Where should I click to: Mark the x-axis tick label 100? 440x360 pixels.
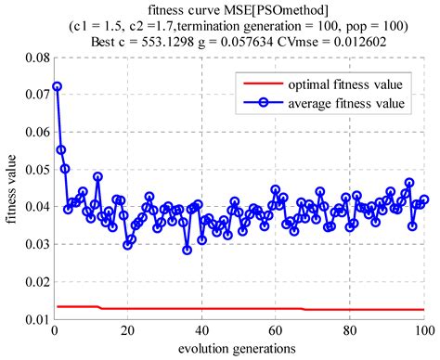point(423,330)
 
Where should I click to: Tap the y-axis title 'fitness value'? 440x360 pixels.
point(11,188)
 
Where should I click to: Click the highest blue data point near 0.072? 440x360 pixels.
point(58,86)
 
